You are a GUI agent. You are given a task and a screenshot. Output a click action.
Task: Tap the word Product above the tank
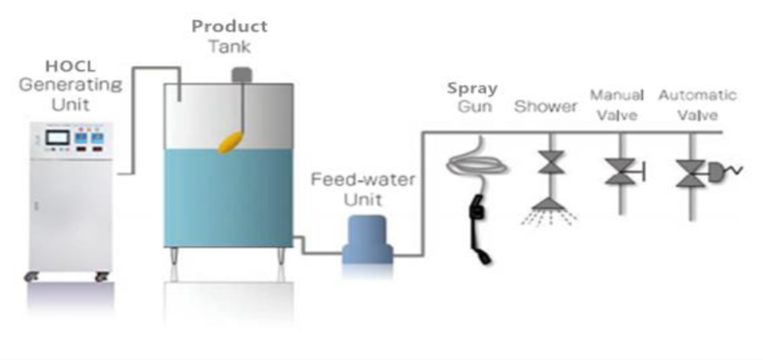(230, 27)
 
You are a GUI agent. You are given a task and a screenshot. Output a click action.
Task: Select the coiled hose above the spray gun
(477, 163)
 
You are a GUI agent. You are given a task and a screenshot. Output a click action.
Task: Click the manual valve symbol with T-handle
(622, 171)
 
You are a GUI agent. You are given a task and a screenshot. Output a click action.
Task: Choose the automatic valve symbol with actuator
(696, 172)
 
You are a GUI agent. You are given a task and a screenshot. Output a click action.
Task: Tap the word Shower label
(545, 107)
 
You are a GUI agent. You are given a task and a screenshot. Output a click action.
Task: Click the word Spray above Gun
(472, 88)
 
